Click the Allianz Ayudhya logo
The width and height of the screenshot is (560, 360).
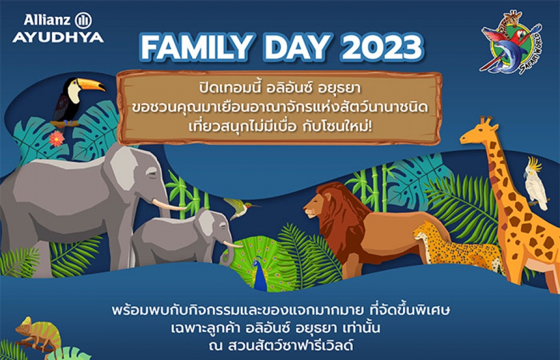click(58, 28)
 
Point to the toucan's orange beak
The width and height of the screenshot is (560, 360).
click(91, 85)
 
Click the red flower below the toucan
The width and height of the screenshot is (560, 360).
click(57, 139)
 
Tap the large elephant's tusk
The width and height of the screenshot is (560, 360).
click(168, 205)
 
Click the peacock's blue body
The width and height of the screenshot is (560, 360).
click(260, 275)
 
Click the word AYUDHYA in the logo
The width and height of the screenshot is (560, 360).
click(58, 38)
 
